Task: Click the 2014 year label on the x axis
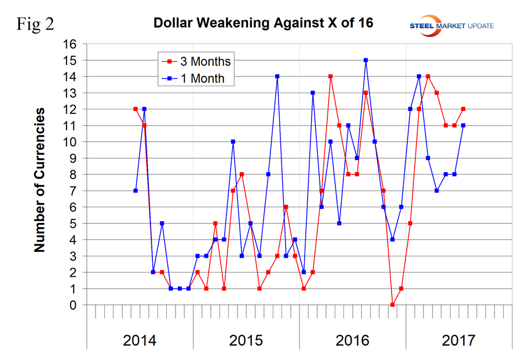tap(140, 340)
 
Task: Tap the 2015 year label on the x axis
tap(246, 340)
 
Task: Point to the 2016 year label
tap(352, 340)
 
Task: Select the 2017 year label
tap(458, 340)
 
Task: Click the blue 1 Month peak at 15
tap(366, 60)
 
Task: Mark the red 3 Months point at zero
tap(393, 305)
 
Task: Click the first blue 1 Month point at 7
tap(136, 190)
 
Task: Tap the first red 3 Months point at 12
tap(136, 109)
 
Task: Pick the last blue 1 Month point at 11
tap(463, 125)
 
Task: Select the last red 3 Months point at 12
tap(463, 109)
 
